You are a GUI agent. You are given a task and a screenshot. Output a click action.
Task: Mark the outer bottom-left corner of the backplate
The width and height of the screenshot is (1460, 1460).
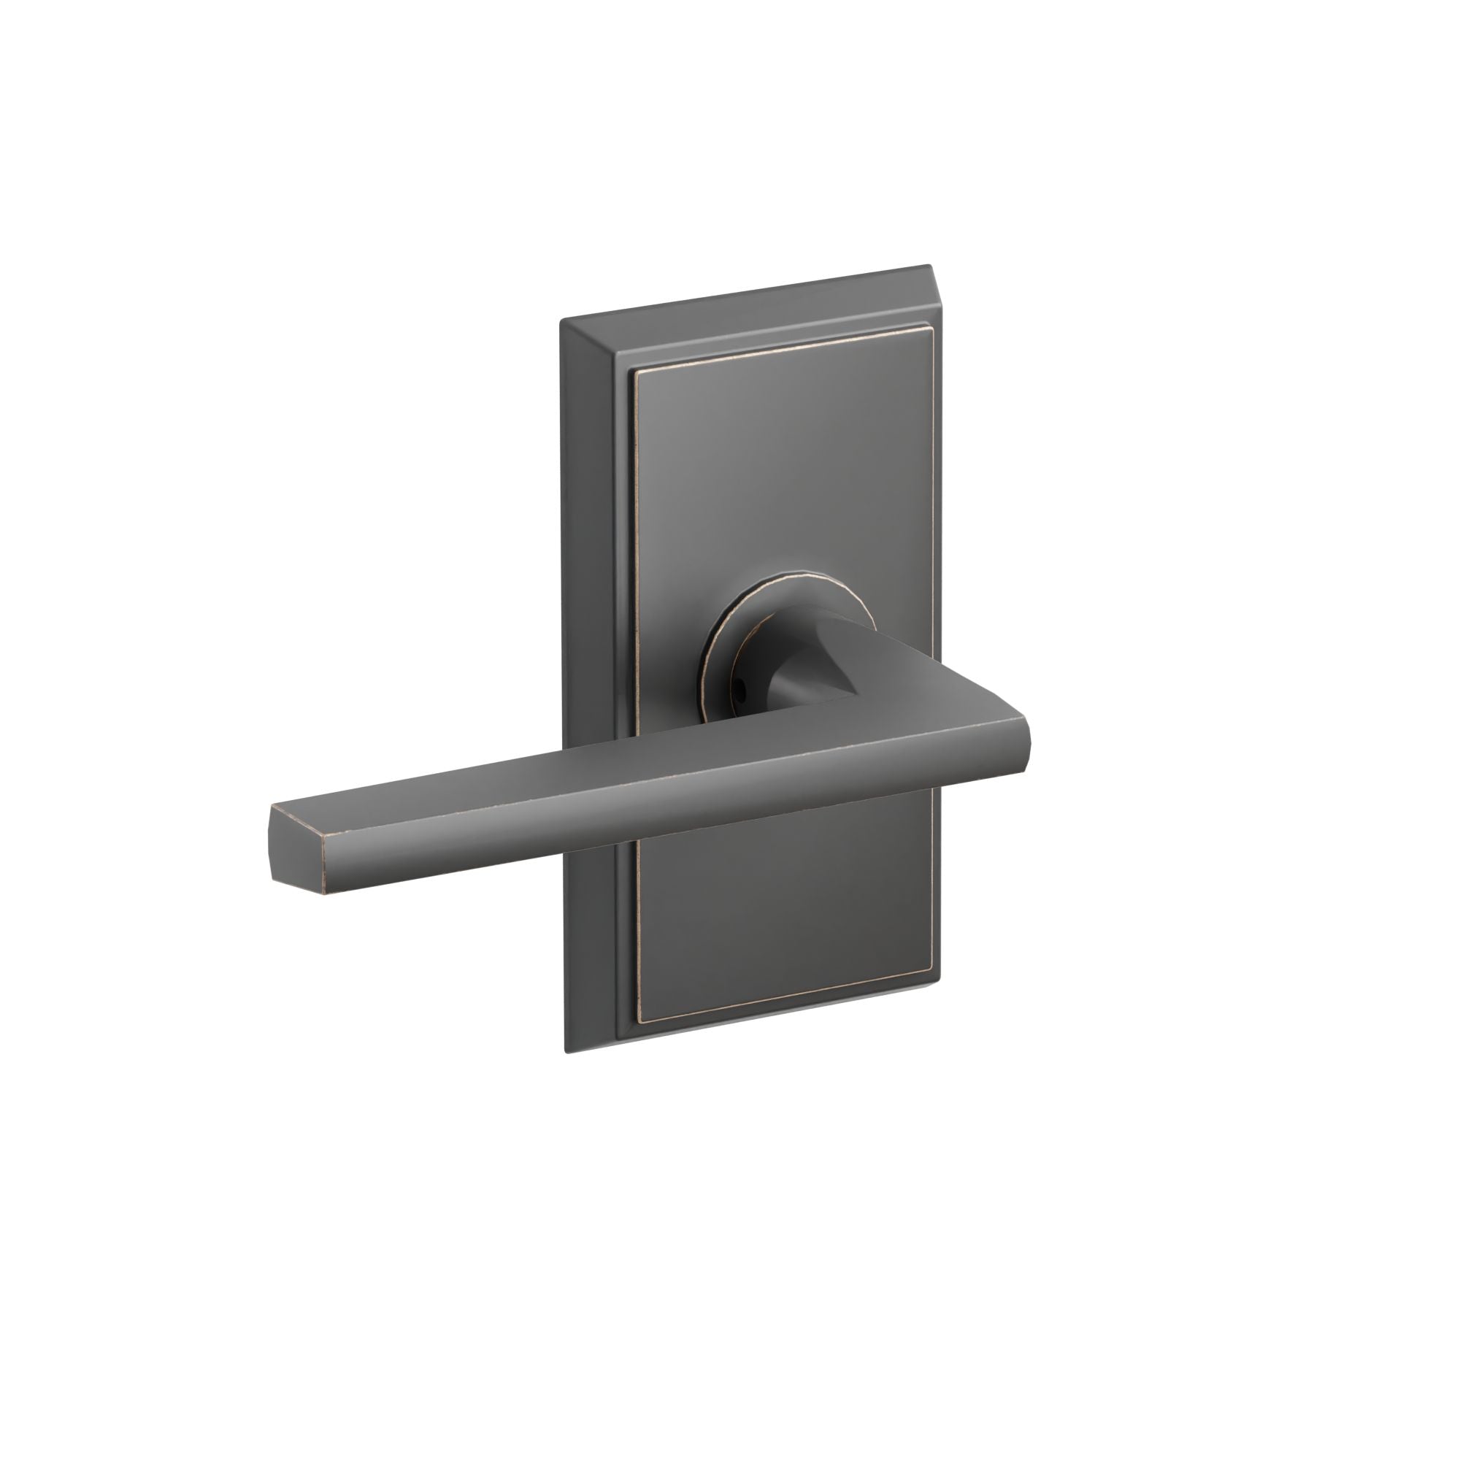tap(566, 1053)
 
